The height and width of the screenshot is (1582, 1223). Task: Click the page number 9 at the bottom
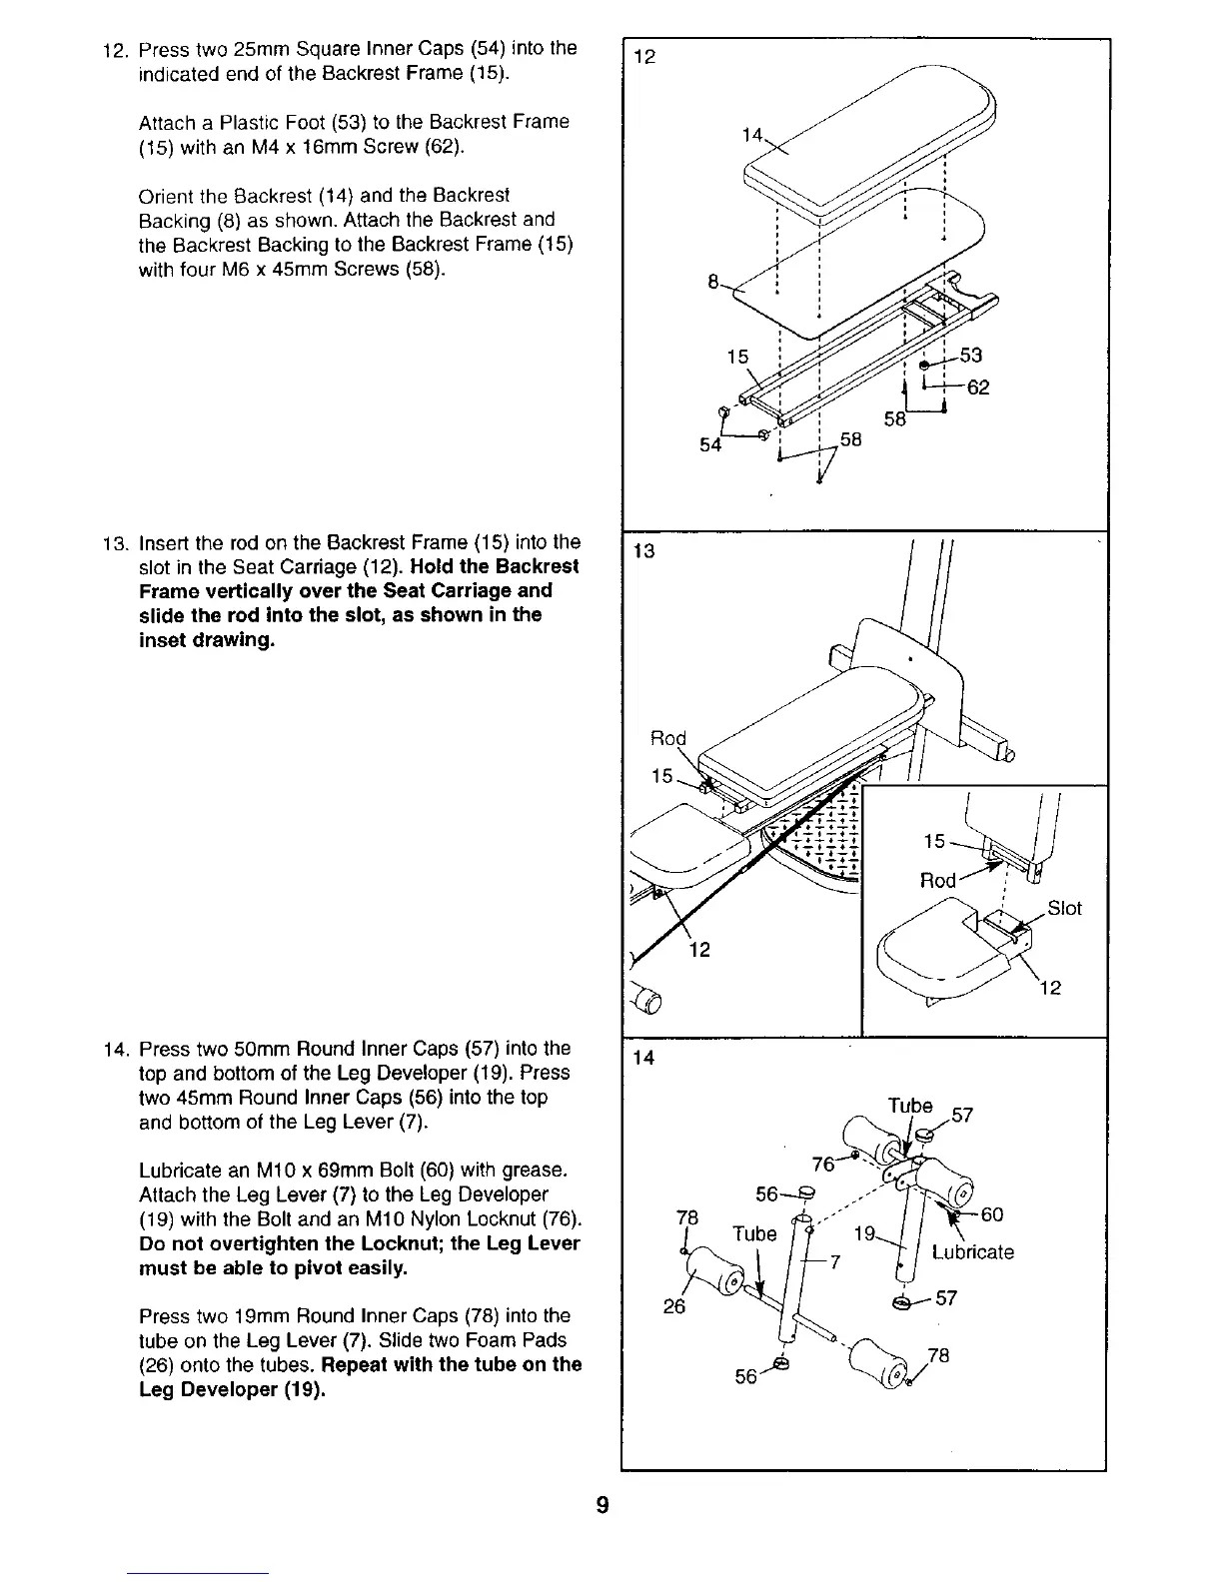point(602,1505)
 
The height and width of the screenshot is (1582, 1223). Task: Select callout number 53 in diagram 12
point(970,356)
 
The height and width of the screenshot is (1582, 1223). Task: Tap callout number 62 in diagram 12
point(978,388)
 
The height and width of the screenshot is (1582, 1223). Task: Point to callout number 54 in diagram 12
point(710,445)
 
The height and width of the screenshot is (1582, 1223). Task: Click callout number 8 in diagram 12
point(713,283)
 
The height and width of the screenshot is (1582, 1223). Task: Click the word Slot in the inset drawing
point(1065,908)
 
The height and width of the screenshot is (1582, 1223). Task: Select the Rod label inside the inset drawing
point(938,880)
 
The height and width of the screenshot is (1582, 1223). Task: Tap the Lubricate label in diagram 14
point(972,1252)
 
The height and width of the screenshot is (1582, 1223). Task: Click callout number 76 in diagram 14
point(823,1165)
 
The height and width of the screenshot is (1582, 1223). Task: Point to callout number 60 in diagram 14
point(991,1214)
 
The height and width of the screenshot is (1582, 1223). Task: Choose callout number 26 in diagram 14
point(674,1305)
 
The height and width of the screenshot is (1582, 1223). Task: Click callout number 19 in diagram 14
point(864,1234)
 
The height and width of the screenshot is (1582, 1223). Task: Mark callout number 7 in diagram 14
point(837,1260)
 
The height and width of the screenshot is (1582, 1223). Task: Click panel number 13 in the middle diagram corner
point(644,550)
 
